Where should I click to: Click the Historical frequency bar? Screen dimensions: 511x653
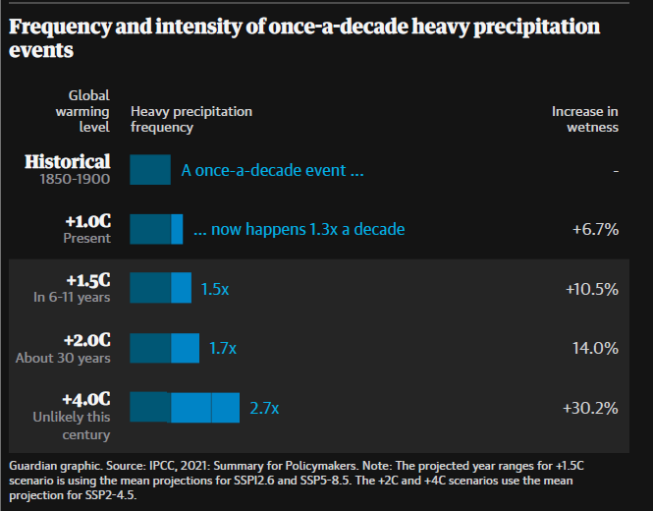coord(150,170)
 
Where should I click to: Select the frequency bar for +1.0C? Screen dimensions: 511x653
coord(156,229)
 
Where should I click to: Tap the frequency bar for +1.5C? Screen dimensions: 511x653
coord(160,288)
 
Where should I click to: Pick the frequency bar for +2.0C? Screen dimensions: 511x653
coord(164,347)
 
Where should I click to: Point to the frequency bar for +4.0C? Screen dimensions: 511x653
coord(185,407)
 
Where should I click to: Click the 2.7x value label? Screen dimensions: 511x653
coord(264,408)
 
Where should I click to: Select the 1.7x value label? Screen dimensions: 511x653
coord(223,348)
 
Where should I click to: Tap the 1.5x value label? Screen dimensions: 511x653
coord(215,289)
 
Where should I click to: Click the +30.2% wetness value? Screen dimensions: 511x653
coord(589,408)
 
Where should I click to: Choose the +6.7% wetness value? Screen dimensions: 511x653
coord(595,229)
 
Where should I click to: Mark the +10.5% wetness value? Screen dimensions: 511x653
coord(591,289)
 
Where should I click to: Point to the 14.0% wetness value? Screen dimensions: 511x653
coord(595,348)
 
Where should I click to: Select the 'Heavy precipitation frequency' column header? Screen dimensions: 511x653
coord(190,119)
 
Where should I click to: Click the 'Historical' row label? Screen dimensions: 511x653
coord(68,161)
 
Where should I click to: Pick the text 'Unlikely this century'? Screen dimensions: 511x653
coord(72,426)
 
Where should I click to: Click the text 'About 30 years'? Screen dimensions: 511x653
coord(63,358)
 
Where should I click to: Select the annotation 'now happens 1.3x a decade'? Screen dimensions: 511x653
coord(299,229)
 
